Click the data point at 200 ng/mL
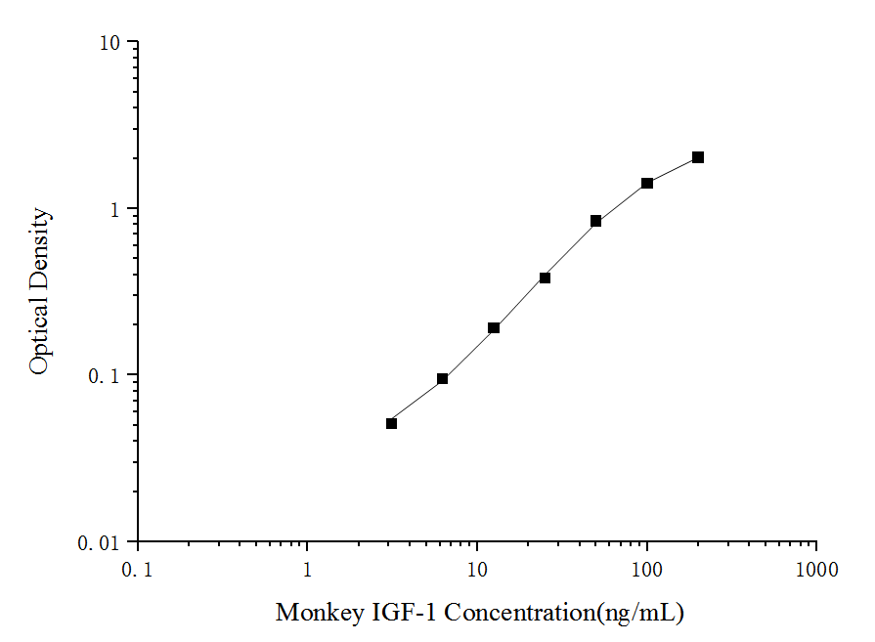pyautogui.click(x=698, y=157)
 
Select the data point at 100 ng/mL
pyautogui.click(x=647, y=183)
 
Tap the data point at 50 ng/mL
pyautogui.click(x=595, y=221)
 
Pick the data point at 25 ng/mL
pyautogui.click(x=545, y=278)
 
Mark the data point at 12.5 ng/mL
pyautogui.click(x=494, y=327)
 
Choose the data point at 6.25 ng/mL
pyautogui.click(x=442, y=378)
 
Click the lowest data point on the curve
pyautogui.click(x=391, y=423)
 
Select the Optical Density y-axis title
pyautogui.click(x=38, y=291)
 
